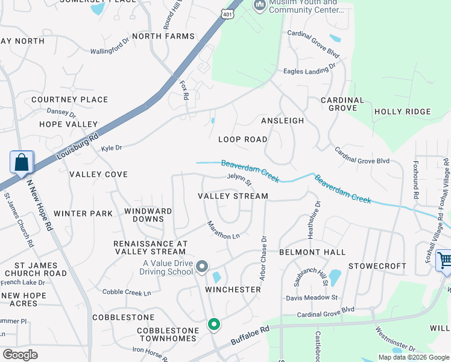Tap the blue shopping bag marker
pyautogui.click(x=22, y=163)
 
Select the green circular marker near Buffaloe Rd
pyautogui.click(x=213, y=325)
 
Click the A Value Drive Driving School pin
pyautogui.click(x=202, y=266)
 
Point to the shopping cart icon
pyautogui.click(x=445, y=261)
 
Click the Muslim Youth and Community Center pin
pyautogui.click(x=260, y=6)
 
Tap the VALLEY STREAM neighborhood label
pyautogui.click(x=233, y=196)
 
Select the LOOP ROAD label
pyautogui.click(x=242, y=139)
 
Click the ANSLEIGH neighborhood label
pyautogui.click(x=282, y=121)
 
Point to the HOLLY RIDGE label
pyautogui.click(x=402, y=112)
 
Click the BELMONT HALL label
pyautogui.click(x=312, y=252)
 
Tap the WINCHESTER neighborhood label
pyautogui.click(x=233, y=290)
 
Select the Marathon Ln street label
pyautogui.click(x=224, y=230)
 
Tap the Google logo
pyautogui.click(x=20, y=355)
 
